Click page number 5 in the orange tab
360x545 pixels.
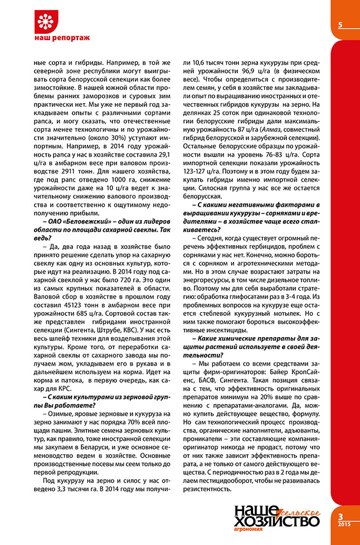(339, 25)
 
